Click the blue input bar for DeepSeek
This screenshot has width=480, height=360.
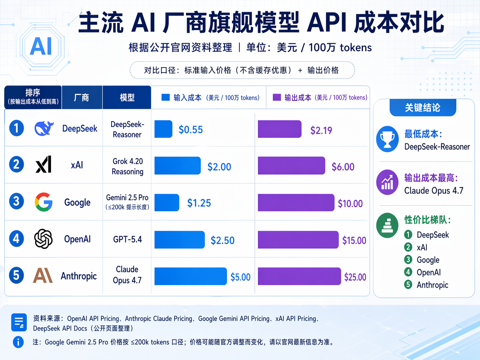click(x=163, y=129)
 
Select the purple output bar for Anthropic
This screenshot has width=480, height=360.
click(x=299, y=276)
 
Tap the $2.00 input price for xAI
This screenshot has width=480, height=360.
click(x=219, y=167)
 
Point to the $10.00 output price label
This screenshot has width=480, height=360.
click(x=350, y=204)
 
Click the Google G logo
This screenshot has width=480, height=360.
click(x=43, y=202)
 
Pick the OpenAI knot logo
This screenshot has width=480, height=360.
click(x=43, y=239)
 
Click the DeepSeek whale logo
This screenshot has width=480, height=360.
click(x=44, y=128)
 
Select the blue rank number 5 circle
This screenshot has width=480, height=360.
click(x=16, y=275)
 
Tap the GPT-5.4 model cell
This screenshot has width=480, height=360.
click(x=127, y=239)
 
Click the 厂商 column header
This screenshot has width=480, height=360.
click(x=82, y=97)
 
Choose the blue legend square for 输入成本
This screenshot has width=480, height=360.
click(x=165, y=97)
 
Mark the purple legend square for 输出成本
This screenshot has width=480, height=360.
click(x=277, y=97)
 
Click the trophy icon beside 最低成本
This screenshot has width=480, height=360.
click(x=387, y=139)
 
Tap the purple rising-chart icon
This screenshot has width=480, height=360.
click(x=387, y=182)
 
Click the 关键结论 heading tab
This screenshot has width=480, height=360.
click(x=423, y=107)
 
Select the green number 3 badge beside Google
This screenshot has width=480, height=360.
click(x=408, y=260)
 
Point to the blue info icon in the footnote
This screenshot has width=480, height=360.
click(x=18, y=342)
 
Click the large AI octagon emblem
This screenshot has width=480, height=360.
click(x=41, y=46)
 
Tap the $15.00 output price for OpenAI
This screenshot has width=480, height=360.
click(x=354, y=240)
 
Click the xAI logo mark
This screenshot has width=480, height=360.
click(x=43, y=164)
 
